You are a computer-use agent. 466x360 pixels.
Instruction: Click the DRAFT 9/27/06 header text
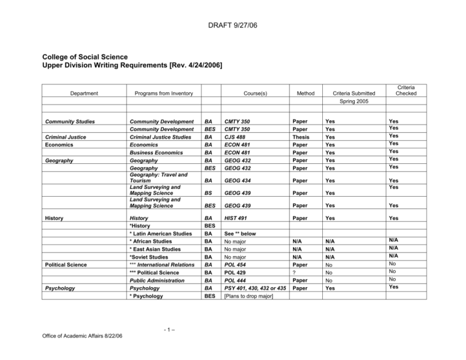pos(233,10)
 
